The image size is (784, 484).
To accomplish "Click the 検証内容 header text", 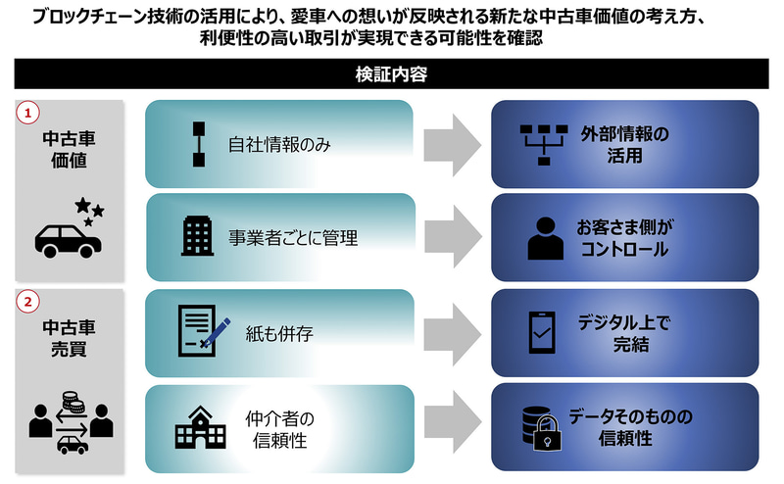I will (x=391, y=74).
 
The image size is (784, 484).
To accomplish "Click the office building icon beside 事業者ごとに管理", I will (x=197, y=236).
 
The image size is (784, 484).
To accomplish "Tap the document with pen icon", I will (x=201, y=330).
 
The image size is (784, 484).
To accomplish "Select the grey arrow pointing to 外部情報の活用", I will (x=454, y=144).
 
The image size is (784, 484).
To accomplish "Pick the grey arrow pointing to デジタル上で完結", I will (x=454, y=333).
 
